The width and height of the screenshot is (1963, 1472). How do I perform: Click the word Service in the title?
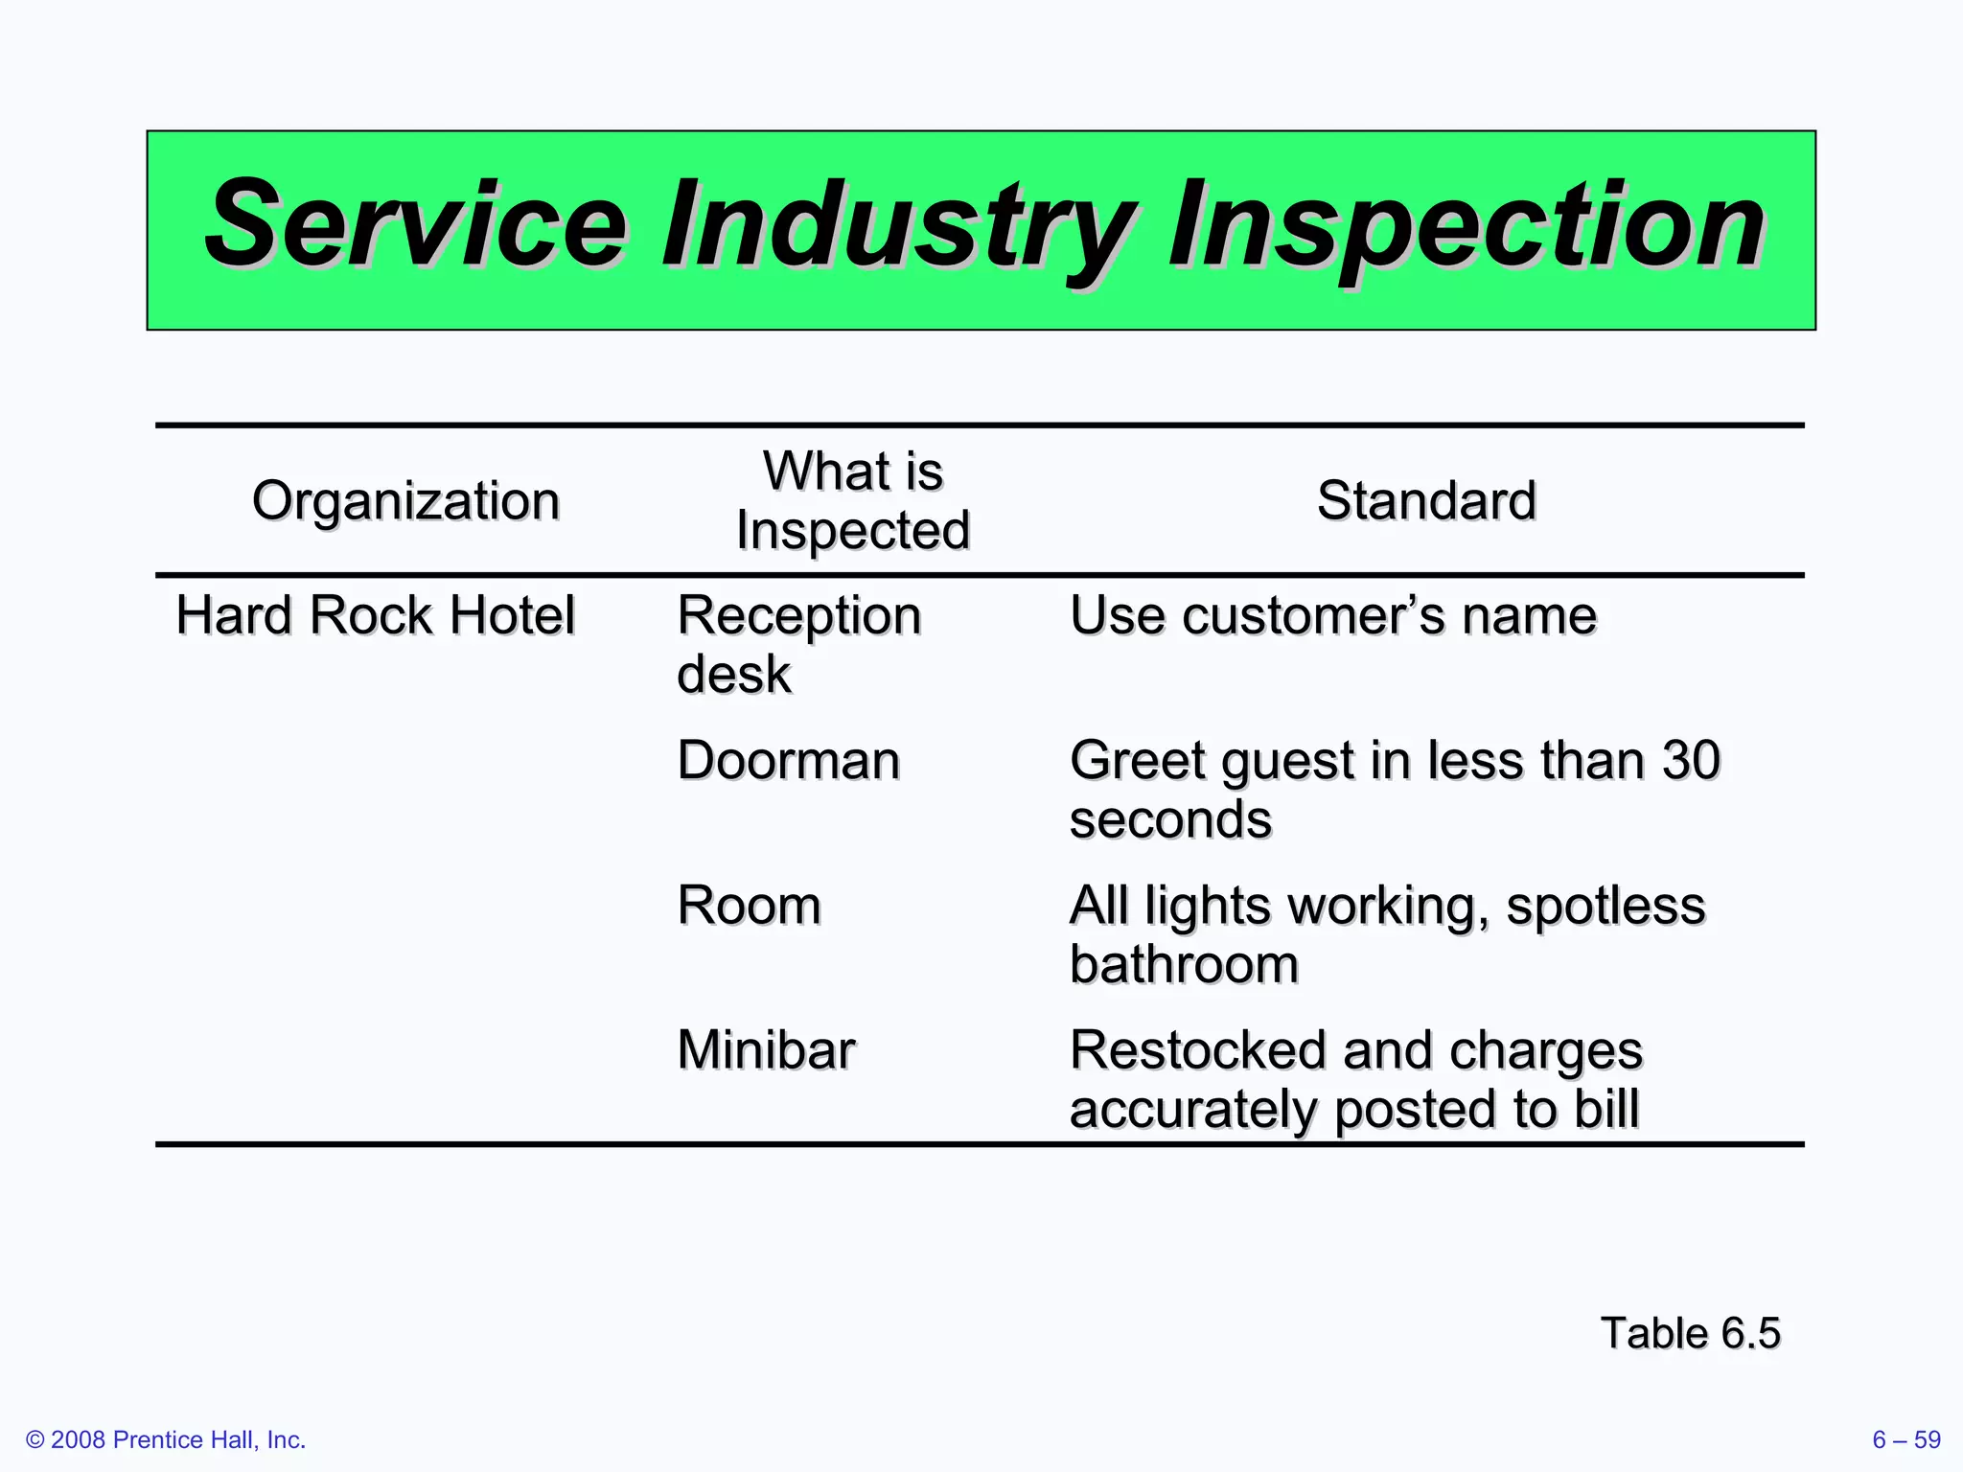tap(416, 226)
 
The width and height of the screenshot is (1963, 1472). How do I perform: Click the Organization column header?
tap(405, 500)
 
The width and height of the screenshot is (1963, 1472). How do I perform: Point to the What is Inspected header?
tap(853, 500)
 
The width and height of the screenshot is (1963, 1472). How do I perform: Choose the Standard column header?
tap(1426, 500)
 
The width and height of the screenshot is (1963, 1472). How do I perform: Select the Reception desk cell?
tap(798, 643)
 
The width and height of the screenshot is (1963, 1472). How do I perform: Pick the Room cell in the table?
tap(749, 905)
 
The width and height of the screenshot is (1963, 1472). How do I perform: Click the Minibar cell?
tap(766, 1049)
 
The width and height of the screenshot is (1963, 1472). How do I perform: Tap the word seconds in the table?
tap(1170, 819)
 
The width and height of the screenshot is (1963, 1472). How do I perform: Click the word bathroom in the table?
tap(1184, 964)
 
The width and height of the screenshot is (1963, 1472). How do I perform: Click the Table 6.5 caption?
tap(1690, 1333)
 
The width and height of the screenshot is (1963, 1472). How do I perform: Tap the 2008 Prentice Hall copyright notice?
tap(166, 1439)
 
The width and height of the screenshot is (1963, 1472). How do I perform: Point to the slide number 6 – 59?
tap(1905, 1439)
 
